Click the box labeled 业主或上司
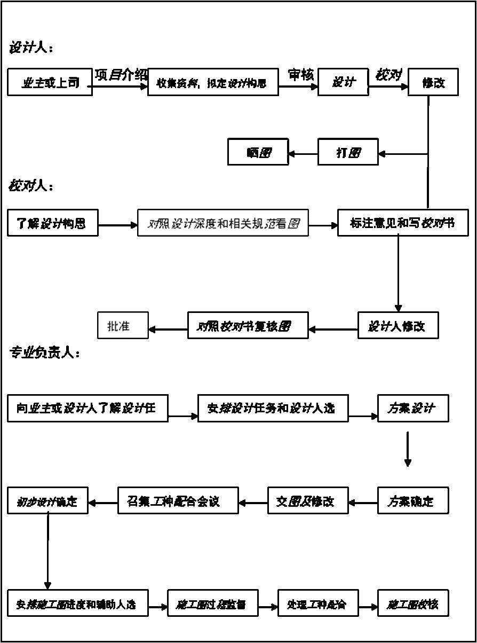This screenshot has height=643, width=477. [x=50, y=82]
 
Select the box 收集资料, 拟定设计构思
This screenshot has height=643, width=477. [x=213, y=82]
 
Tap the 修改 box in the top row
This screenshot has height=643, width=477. [x=433, y=82]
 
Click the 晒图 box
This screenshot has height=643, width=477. [x=258, y=152]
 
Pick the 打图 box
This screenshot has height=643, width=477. [x=348, y=152]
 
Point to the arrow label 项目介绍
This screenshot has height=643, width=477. [x=121, y=75]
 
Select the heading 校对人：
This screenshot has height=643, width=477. [x=31, y=186]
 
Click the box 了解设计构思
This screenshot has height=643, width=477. [x=53, y=223]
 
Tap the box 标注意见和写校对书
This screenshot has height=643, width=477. [x=403, y=223]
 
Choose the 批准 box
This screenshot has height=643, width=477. [x=122, y=325]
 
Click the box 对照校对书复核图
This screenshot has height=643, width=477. [x=248, y=325]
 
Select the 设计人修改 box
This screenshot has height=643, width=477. [x=398, y=325]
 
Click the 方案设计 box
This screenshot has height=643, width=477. [x=413, y=409]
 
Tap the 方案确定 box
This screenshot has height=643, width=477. [x=413, y=501]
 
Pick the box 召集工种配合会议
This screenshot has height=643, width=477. [x=178, y=501]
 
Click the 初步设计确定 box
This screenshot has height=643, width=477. [x=47, y=501]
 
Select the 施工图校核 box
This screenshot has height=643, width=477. [x=413, y=604]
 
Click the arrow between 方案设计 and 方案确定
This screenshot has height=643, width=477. [x=408, y=450]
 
